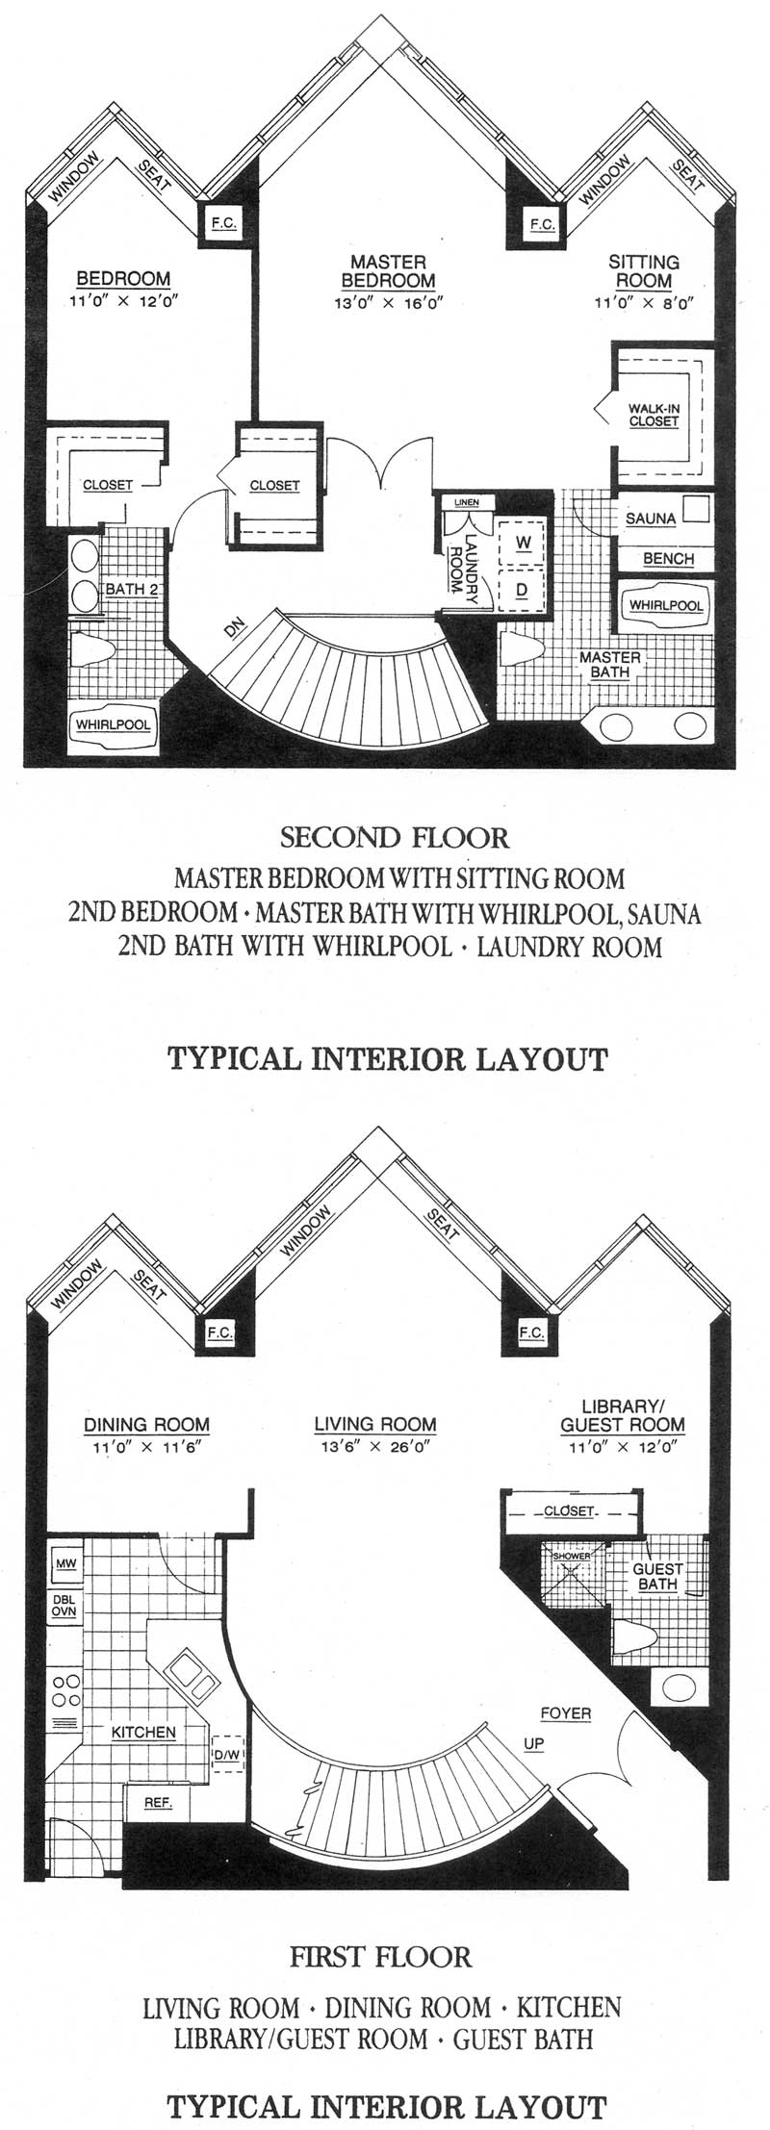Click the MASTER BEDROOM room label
click(388, 271)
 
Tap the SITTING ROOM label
click(644, 271)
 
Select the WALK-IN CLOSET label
click(654, 415)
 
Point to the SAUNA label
click(651, 519)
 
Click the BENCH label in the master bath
click(668, 559)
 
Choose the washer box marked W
click(522, 543)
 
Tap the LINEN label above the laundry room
click(467, 502)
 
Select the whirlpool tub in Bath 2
click(114, 723)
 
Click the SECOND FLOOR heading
click(394, 837)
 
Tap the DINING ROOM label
click(146, 1425)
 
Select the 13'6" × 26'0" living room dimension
click(375, 1445)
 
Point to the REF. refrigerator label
click(158, 1802)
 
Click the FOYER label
click(565, 1713)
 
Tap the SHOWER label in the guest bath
click(572, 1556)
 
